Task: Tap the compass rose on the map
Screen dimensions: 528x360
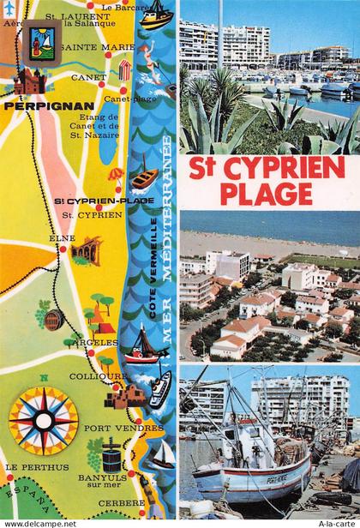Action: [43, 420]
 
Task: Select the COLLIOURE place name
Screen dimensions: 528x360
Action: [93, 376]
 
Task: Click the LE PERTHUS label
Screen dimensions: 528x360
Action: [36, 467]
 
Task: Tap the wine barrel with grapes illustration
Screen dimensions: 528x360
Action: [50, 318]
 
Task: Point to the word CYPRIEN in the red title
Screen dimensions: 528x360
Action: [287, 166]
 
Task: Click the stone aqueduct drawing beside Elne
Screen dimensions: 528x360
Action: [86, 250]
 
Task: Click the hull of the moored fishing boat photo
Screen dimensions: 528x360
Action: [240, 484]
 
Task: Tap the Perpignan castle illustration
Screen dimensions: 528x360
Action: [29, 82]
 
